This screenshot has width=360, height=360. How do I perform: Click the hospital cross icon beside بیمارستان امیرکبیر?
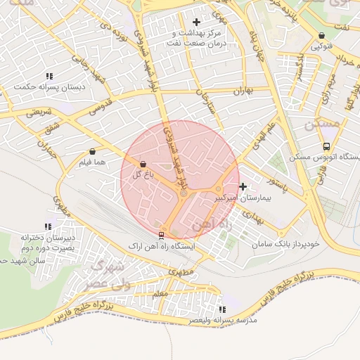click(243, 186)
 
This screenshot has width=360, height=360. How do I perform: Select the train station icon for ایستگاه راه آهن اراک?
click(162, 235)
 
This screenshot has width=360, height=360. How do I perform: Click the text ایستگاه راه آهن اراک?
click(164, 247)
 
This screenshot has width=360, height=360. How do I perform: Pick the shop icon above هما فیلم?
click(93, 151)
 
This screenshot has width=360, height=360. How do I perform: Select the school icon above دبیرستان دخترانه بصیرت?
click(48, 226)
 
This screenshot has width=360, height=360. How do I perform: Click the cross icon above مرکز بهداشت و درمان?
click(196, 22)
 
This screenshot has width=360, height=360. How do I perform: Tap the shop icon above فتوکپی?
click(322, 35)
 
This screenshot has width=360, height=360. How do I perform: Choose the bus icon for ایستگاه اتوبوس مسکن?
click(326, 146)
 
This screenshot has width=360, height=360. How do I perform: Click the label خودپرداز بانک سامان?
click(287, 243)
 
